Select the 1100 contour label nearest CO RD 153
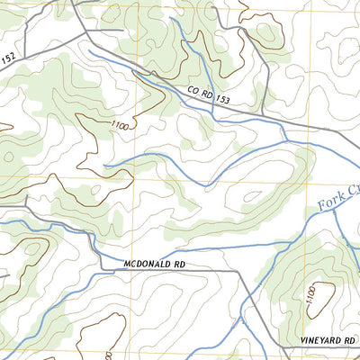121,126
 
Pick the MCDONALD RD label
149,264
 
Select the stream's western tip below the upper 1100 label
104,166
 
